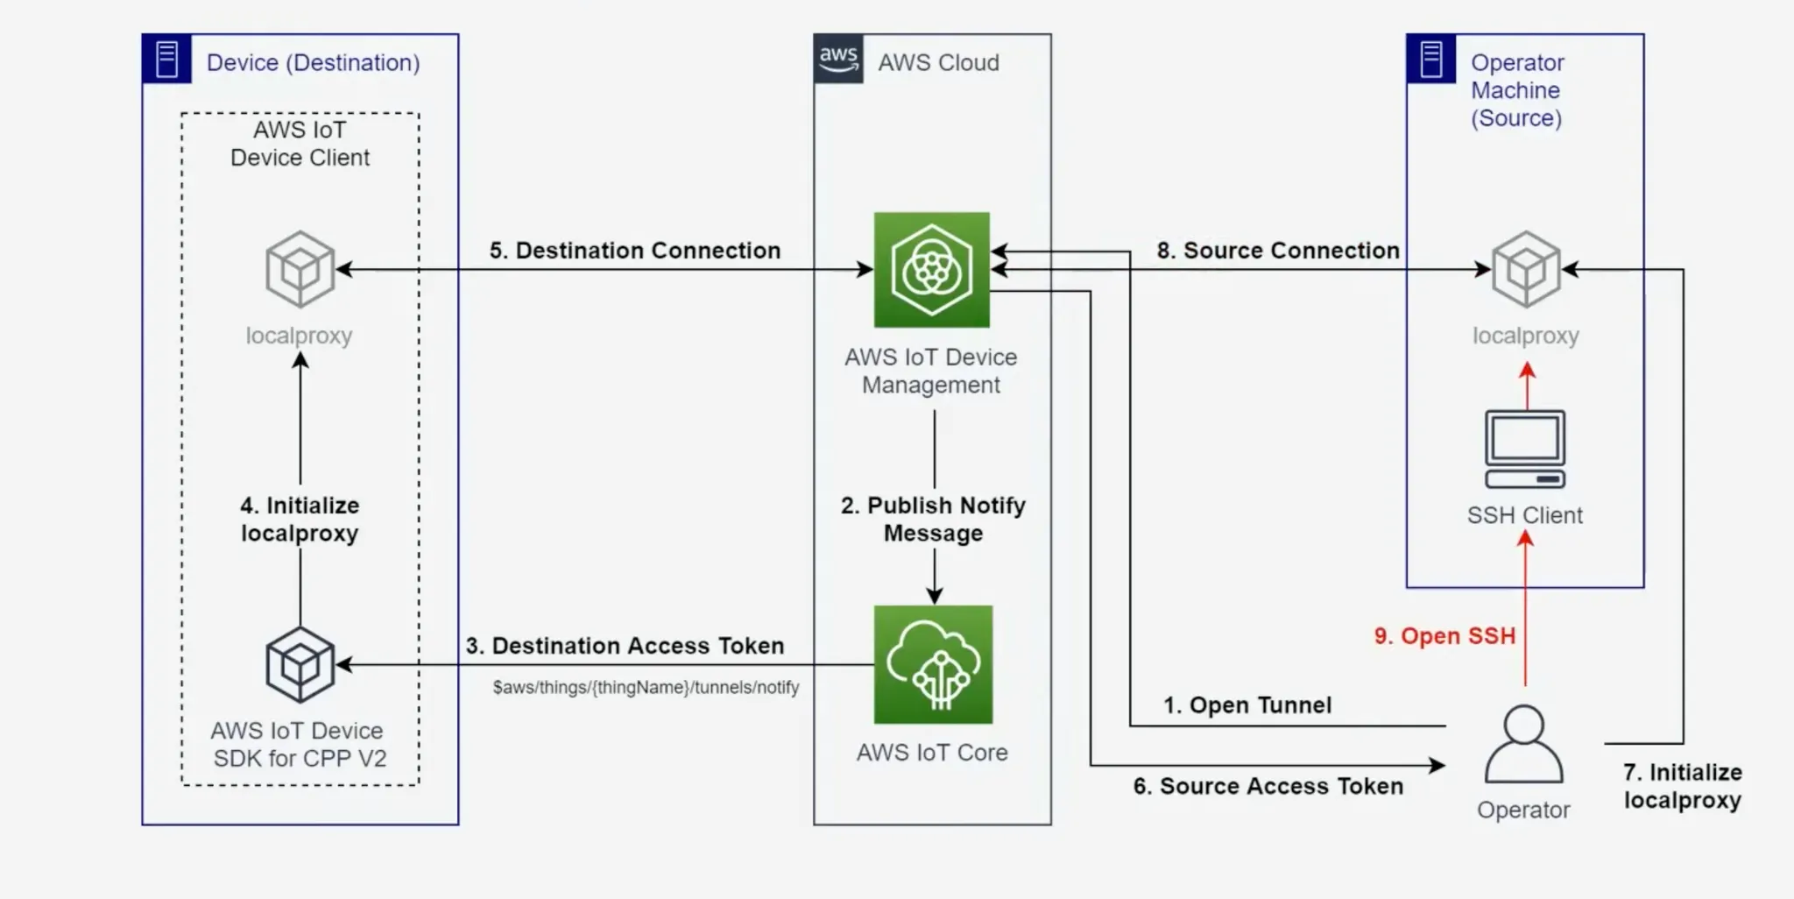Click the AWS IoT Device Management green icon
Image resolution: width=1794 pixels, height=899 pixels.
click(x=932, y=270)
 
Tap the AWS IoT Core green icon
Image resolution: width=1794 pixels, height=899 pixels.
click(x=933, y=664)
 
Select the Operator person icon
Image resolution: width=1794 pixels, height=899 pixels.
click(x=1524, y=745)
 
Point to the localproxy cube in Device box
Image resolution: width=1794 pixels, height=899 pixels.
click(x=300, y=269)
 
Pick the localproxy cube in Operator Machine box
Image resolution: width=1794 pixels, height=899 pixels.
click(x=1526, y=269)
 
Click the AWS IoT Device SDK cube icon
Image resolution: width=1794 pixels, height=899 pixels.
click(x=300, y=664)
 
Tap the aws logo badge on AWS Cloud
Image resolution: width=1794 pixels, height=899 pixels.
click(x=838, y=59)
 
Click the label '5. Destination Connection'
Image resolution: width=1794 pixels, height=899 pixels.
click(x=635, y=251)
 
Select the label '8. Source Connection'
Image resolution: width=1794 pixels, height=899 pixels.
click(x=1278, y=251)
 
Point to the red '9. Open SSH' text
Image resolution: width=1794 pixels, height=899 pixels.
click(x=1444, y=636)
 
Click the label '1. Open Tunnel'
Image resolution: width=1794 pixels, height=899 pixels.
click(x=1247, y=705)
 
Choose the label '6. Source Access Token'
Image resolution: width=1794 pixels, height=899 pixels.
click(x=1268, y=786)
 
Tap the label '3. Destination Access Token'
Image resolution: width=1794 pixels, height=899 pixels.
click(x=625, y=646)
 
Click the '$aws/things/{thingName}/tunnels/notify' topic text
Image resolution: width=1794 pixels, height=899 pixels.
click(x=646, y=688)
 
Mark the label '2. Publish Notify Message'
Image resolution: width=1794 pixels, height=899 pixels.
click(x=934, y=519)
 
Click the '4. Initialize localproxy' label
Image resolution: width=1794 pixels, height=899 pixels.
click(x=300, y=519)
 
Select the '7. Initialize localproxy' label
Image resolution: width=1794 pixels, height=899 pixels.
click(x=1683, y=786)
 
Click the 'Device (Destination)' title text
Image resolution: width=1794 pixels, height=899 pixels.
click(x=314, y=63)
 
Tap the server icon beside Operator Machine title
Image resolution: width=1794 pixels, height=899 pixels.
click(x=1431, y=59)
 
